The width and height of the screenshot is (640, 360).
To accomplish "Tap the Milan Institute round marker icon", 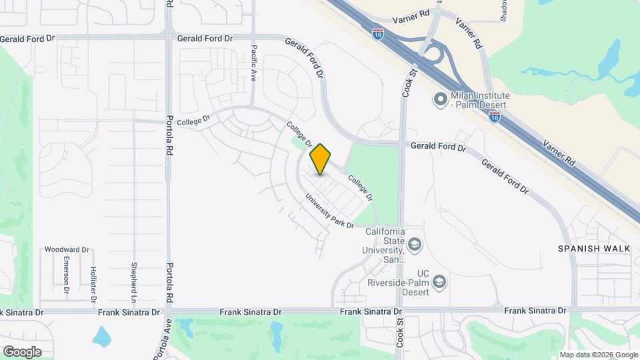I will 440,100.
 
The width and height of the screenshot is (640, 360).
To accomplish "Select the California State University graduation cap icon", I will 415,245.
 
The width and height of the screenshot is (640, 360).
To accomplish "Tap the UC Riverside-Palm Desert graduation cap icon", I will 439,283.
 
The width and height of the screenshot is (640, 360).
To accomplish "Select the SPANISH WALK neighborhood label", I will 595,249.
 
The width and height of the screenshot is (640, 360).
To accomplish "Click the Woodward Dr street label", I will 67,249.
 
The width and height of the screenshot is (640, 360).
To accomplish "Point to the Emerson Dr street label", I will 66,275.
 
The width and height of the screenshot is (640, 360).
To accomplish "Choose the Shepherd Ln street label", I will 134,278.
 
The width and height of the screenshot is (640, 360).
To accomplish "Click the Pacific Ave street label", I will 254,63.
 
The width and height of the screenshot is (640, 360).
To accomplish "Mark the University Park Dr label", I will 329,211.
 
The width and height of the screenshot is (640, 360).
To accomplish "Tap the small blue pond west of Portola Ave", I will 102,336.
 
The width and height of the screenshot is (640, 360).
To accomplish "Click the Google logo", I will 21,351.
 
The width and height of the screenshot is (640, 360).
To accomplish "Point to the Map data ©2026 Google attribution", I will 598,355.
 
